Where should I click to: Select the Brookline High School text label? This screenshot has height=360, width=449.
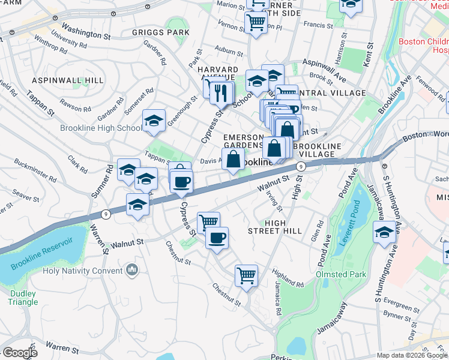coord(101,128)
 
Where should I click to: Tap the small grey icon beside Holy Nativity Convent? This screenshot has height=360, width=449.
coord(131,271)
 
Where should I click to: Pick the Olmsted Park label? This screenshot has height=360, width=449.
coord(340,274)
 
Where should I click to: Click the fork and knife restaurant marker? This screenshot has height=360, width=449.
coord(222,91)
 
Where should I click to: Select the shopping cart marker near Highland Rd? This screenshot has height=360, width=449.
coord(246,276)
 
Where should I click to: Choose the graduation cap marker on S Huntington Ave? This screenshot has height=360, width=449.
coord(384,233)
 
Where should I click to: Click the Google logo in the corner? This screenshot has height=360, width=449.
coord(20,353)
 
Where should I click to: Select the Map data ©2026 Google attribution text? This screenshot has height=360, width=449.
coord(412,355)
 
